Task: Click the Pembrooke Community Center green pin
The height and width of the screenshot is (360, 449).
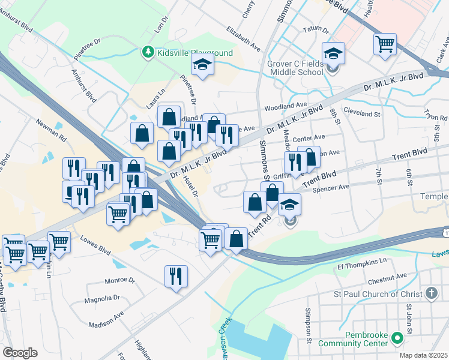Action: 397,339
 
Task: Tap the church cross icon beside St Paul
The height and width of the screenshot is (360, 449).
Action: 430,294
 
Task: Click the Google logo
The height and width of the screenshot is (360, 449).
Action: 20,352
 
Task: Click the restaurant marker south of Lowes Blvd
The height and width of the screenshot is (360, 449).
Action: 176,277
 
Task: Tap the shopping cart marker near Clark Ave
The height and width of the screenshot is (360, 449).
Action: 385,44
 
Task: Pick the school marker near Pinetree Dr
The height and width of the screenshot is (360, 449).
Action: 203,65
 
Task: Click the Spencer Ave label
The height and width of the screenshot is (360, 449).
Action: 335,187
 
